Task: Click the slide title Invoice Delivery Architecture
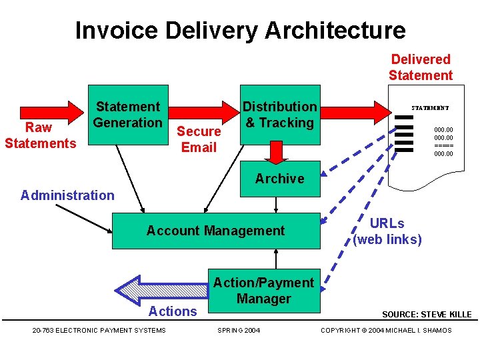click(240, 30)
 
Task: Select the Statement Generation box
click(129, 115)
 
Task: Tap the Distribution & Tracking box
click(279, 115)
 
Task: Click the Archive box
click(279, 179)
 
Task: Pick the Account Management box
click(215, 231)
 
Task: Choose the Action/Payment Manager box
click(263, 291)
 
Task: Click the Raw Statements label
click(40, 135)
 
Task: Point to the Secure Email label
click(199, 139)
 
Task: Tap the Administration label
click(67, 195)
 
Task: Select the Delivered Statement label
click(421, 67)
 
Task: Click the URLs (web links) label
click(387, 231)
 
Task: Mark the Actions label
click(173, 311)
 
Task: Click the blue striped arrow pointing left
click(160, 289)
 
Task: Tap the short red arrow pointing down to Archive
click(274, 152)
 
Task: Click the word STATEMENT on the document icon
click(430, 107)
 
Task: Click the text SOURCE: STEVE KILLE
click(427, 314)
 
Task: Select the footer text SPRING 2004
click(239, 331)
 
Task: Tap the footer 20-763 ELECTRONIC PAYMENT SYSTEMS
click(99, 331)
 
